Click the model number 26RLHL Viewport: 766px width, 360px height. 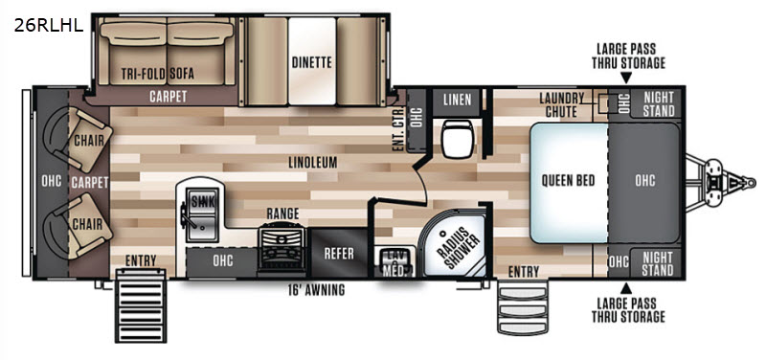pos(49,25)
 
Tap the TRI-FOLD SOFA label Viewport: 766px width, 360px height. pos(158,74)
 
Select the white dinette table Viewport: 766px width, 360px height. pos(312,61)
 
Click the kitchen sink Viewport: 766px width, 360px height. pos(201,217)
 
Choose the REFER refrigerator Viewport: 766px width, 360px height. pos(339,253)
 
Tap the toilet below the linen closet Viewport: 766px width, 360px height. pos(457,139)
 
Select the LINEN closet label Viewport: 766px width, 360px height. pos(458,100)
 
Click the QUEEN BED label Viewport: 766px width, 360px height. pos(568,180)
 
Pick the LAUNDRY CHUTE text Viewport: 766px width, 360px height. pos(561,104)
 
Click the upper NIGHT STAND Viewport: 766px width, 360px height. pos(658,103)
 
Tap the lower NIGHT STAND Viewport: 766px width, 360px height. pos(658,263)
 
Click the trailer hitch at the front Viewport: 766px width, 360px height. pos(722,182)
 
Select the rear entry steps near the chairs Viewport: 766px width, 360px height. pos(140,310)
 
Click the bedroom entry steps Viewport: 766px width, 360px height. pos(523,307)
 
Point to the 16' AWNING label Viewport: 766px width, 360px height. pos(316,290)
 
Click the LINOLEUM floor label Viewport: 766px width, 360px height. pos(305,162)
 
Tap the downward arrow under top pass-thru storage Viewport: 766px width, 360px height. pos(626,78)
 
